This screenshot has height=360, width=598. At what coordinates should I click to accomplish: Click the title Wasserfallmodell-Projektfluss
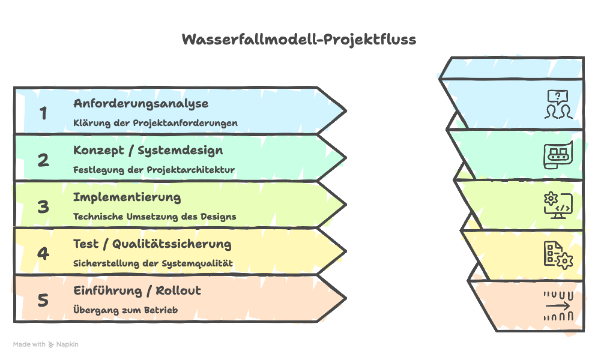[298, 40]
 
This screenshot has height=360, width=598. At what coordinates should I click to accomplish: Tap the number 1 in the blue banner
[43, 113]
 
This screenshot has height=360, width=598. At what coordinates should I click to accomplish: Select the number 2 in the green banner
[43, 160]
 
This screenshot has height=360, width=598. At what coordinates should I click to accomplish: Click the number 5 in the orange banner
[43, 300]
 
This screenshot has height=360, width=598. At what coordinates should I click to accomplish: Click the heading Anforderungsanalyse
[141, 103]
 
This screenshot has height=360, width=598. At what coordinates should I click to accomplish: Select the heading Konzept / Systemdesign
[148, 150]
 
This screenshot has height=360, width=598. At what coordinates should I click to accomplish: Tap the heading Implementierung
[127, 197]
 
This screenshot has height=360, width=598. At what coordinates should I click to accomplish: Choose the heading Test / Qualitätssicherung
[153, 244]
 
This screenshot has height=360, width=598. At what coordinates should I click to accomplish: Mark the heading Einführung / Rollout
[137, 290]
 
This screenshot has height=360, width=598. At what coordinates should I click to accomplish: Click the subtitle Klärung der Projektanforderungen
[156, 123]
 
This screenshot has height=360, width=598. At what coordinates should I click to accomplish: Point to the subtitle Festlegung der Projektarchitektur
[154, 170]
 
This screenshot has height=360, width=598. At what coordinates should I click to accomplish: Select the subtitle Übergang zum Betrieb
[125, 310]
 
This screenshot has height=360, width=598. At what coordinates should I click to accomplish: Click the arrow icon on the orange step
[558, 305]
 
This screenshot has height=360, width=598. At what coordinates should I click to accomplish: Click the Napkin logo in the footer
[63, 344]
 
